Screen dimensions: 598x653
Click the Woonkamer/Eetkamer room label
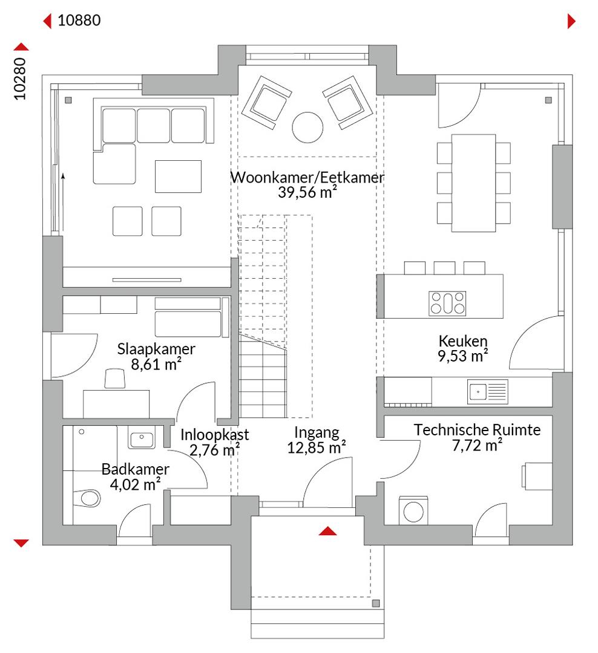tap(307, 177)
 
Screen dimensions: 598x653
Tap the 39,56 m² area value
tap(307, 192)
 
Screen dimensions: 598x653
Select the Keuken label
tap(463, 341)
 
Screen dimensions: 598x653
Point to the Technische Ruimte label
tap(477, 430)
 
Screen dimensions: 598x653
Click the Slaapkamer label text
tap(156, 349)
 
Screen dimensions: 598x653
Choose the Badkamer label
tap(136, 469)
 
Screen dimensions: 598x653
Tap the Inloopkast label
tap(215, 435)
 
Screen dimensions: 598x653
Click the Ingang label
tap(317, 433)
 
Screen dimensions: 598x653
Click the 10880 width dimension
tap(79, 21)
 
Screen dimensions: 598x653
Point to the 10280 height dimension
tap(20, 79)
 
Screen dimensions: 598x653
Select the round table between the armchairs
tap(307, 128)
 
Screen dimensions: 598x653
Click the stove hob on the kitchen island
tap(447, 303)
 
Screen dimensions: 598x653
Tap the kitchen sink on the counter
tap(487, 392)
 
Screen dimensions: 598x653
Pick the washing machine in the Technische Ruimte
tap(413, 510)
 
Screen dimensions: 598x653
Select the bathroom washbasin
tap(142, 438)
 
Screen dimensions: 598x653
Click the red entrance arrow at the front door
tap(328, 531)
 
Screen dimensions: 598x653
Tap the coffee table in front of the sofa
tap(178, 177)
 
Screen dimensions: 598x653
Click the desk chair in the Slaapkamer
tap(114, 378)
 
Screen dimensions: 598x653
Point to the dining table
tap(474, 183)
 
